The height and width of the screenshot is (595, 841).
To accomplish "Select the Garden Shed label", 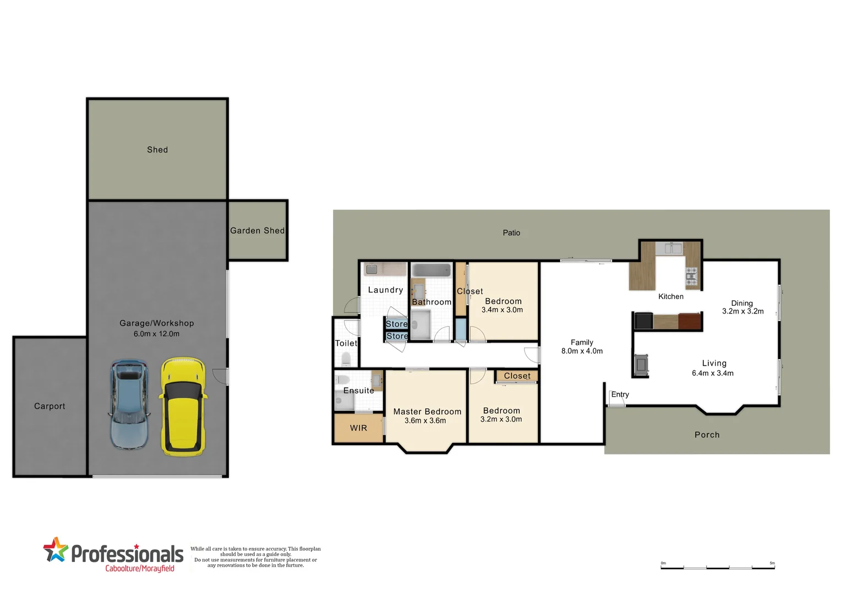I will point(257,231).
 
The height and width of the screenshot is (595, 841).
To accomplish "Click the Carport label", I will point(50,406).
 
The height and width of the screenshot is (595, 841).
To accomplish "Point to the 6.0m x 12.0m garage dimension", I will point(156,334).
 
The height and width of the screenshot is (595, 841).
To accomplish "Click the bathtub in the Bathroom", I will point(432,271).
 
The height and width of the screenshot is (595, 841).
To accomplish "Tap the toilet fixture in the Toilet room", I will point(346,360).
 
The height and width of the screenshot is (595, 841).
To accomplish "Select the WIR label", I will point(358,428).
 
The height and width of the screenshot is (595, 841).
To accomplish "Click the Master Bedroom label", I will point(427,412).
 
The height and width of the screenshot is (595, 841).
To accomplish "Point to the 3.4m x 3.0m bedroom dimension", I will point(502,310).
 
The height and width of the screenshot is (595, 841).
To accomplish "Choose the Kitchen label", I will point(670,296).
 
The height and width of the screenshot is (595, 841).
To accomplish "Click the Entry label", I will point(620,394).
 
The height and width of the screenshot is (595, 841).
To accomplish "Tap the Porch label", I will point(707,435).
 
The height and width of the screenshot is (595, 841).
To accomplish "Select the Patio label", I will point(511,233).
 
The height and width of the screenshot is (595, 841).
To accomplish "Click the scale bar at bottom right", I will point(718,567).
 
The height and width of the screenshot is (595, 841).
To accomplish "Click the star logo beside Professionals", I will point(55,550).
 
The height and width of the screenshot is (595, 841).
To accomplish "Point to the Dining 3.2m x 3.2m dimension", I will point(742,311).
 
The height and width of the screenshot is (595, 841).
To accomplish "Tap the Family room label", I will point(582,342).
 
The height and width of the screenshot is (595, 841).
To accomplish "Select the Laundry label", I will point(385,290).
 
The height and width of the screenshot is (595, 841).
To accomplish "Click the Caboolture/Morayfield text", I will point(140,569).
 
